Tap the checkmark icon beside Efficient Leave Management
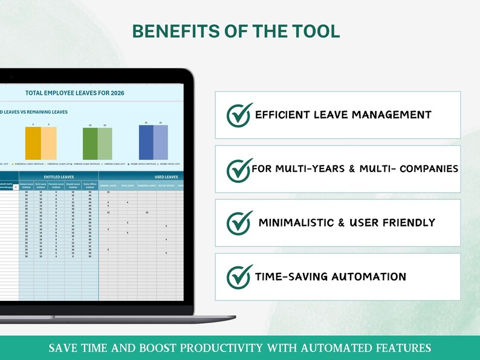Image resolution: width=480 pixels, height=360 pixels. (239, 115)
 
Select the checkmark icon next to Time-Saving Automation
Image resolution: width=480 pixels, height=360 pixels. (239, 277)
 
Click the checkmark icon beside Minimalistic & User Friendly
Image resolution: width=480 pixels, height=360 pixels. (239, 223)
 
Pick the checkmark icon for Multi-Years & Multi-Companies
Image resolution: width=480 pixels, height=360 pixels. (239, 169)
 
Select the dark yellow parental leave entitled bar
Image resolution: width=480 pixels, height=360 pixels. (33, 143)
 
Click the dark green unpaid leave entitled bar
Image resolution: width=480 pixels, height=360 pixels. (89, 144)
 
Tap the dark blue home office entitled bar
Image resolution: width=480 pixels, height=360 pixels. (146, 142)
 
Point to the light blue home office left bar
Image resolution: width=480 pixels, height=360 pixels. (160, 142)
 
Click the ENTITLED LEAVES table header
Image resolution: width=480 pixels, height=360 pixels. (59, 176)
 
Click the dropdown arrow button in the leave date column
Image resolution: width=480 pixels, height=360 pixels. (15, 187)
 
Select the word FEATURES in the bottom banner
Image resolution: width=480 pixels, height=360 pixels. (404, 348)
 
